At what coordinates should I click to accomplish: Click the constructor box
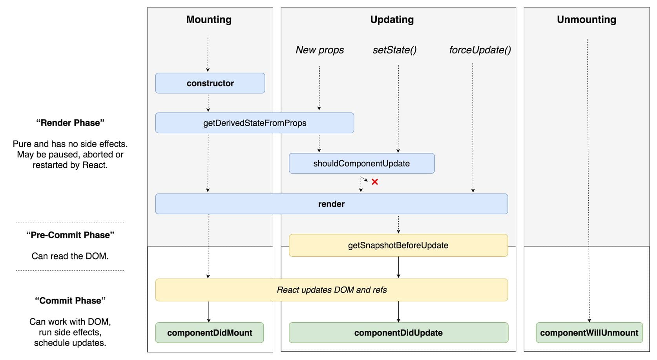210,83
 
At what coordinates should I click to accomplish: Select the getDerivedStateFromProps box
254,123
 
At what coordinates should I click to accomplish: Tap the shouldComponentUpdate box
361,163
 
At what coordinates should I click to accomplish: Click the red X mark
375,182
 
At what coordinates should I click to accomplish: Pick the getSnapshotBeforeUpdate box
398,245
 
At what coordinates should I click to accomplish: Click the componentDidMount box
210,333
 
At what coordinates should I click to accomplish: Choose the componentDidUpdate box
398,333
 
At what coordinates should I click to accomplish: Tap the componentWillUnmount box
589,333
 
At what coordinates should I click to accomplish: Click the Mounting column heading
209,20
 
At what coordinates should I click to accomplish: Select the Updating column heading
392,20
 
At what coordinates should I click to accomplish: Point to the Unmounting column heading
586,20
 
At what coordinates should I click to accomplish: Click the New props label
319,50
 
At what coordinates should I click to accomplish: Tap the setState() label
394,50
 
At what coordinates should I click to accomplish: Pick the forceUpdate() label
480,50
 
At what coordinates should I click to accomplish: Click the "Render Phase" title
70,123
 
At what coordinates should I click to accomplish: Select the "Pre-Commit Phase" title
70,235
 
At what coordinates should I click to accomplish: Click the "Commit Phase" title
70,301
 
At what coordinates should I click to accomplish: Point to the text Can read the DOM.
70,256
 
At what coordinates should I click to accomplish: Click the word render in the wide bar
331,204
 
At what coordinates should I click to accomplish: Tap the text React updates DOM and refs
332,290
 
